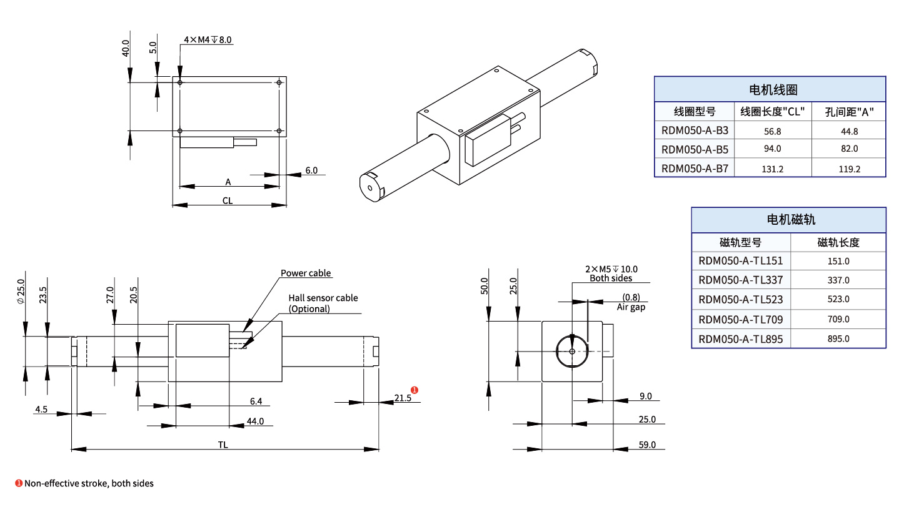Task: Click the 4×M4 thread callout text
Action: (208, 40)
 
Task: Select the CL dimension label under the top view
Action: (228, 201)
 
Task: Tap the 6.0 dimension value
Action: (311, 170)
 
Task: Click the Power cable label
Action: (306, 273)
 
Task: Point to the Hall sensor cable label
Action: (323, 298)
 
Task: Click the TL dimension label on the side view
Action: (223, 445)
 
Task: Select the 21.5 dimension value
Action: (403, 398)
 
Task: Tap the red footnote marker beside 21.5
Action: (414, 390)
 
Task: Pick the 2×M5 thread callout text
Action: (611, 269)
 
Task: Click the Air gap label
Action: (631, 307)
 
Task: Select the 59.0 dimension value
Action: (646, 445)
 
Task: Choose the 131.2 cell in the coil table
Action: (772, 169)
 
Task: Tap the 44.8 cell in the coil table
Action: (849, 131)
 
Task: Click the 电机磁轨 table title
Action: (788, 220)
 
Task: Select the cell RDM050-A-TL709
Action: (740, 320)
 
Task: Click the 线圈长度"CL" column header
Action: (772, 112)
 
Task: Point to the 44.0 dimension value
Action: (255, 421)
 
